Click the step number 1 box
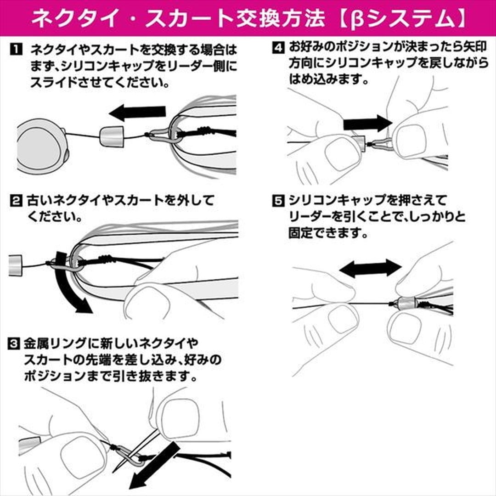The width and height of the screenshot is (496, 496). (16, 50)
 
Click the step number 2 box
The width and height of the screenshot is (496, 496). (16, 201)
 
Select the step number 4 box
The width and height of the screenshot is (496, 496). (278, 48)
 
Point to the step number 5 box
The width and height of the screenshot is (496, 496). (278, 201)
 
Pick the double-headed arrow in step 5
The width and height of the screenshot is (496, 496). (370, 269)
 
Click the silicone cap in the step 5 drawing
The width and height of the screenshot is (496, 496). (407, 303)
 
